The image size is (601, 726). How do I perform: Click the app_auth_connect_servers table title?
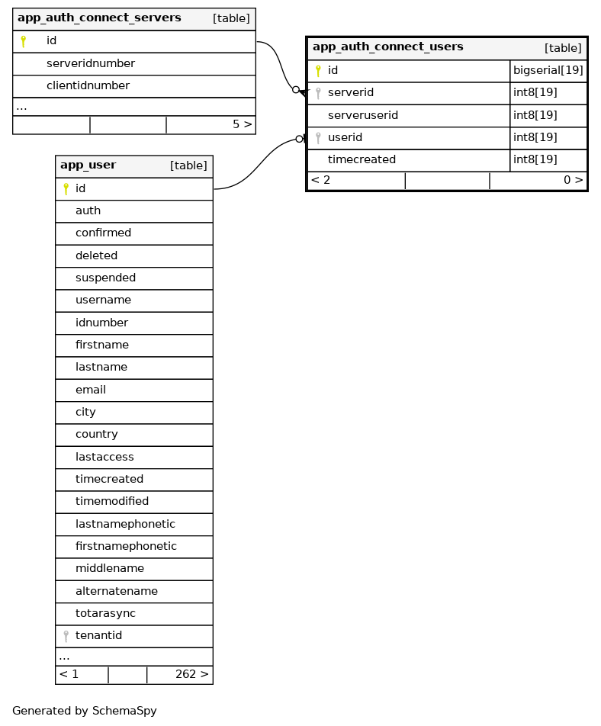click(99, 18)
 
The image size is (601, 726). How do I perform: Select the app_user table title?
click(88, 165)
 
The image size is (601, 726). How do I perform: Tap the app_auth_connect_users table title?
click(387, 47)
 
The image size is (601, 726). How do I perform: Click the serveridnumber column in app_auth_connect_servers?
click(91, 64)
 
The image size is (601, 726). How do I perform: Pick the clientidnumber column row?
click(88, 86)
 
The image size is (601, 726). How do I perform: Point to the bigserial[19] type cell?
click(548, 71)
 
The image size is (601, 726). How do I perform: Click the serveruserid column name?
click(363, 116)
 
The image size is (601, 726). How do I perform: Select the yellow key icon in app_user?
click(66, 188)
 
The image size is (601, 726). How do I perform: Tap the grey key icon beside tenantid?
click(66, 636)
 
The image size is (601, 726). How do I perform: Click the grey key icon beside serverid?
click(318, 93)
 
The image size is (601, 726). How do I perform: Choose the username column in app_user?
click(103, 300)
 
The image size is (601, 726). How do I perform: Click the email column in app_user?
click(90, 390)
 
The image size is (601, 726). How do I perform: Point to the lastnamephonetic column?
click(125, 525)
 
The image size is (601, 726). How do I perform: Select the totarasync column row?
click(105, 614)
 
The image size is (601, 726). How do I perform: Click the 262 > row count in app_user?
click(191, 675)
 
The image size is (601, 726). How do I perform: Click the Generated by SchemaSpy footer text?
click(85, 712)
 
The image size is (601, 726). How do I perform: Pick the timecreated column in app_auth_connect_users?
click(362, 160)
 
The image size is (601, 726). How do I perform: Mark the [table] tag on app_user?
click(188, 166)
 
